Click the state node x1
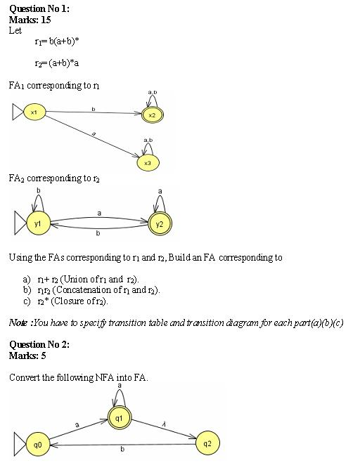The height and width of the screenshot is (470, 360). pos(34,112)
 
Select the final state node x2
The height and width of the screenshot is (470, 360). pos(152,114)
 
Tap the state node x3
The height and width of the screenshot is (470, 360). pos(147,162)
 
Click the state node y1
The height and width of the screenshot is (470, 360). pos(37,223)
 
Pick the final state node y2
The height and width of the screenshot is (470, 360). pos(160,223)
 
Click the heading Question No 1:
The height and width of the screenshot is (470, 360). pos(39,8)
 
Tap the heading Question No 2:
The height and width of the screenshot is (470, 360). pos(39,344)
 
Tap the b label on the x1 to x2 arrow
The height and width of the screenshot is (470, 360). pos(94,108)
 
